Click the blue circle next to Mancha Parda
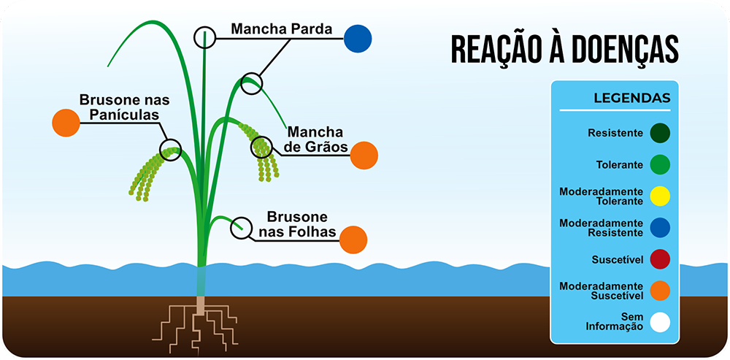coord(358,38)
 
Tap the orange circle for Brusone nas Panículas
coord(66,122)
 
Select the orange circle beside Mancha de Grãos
coord(364,155)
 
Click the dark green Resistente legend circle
coord(660,133)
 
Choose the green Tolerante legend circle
coord(660,164)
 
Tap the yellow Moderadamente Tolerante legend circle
coord(660,196)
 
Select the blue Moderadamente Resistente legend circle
coord(660,227)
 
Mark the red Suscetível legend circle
coord(660,259)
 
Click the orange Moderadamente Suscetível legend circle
coord(660,291)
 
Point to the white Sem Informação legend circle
coord(660,322)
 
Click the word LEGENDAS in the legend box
coord(632,98)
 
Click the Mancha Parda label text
coord(281,30)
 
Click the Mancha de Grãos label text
coord(315,139)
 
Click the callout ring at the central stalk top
coord(205,37)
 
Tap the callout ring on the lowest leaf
coord(239,229)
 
